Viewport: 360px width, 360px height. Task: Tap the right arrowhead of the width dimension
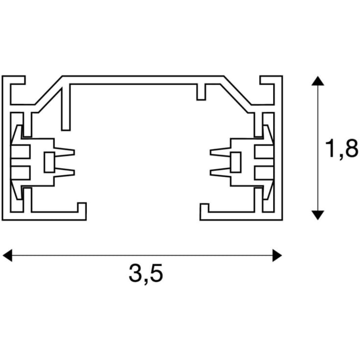277,255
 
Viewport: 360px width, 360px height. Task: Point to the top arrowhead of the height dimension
318,81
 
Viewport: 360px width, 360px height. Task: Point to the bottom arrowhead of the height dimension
318,215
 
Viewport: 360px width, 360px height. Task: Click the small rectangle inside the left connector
49,162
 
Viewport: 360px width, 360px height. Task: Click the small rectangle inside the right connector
236,162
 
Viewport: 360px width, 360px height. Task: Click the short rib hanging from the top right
201,92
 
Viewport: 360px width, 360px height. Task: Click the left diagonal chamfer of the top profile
49,92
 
